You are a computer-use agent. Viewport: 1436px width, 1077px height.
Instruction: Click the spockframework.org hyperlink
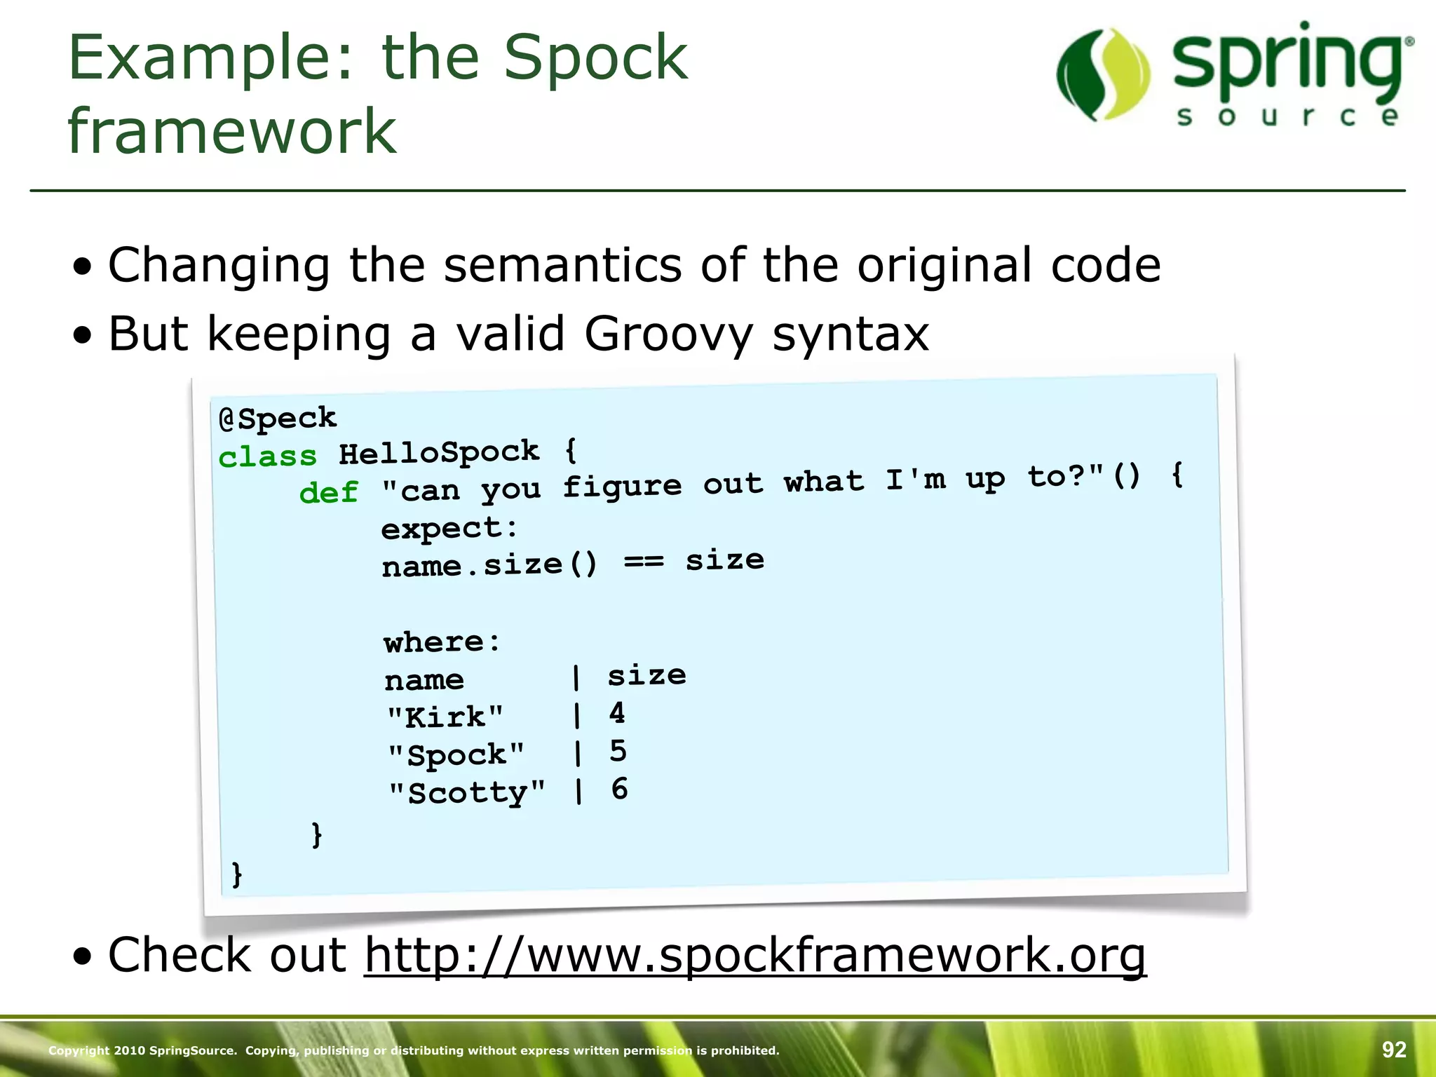pos(754,955)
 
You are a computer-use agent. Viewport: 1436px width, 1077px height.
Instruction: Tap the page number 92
pos(1394,1050)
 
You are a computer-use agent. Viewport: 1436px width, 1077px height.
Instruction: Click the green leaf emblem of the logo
pos(1103,74)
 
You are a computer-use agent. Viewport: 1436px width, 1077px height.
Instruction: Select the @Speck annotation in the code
pos(278,419)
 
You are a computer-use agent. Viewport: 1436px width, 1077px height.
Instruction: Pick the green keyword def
pos(328,493)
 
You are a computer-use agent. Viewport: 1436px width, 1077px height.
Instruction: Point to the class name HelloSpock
pos(439,452)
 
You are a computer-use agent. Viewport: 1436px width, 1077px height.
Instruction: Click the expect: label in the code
pos(449,528)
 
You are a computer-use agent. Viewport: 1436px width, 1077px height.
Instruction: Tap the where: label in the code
pos(442,642)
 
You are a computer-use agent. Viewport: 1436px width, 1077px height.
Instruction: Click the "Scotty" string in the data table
pos(467,793)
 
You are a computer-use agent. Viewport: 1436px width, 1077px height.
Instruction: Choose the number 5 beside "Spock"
pos(618,751)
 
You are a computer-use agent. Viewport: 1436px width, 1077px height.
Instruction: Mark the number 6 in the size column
pos(619,789)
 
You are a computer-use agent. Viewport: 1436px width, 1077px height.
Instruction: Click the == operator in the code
pos(643,562)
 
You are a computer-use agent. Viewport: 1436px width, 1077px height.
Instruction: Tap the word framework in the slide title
pos(232,131)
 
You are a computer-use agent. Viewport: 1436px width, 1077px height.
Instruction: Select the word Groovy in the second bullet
pos(668,334)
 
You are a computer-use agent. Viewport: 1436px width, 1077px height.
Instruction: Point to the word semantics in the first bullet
pos(563,266)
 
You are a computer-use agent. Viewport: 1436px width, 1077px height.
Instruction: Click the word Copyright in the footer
pos(79,1050)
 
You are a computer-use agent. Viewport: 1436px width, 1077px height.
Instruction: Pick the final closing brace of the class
pos(237,874)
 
